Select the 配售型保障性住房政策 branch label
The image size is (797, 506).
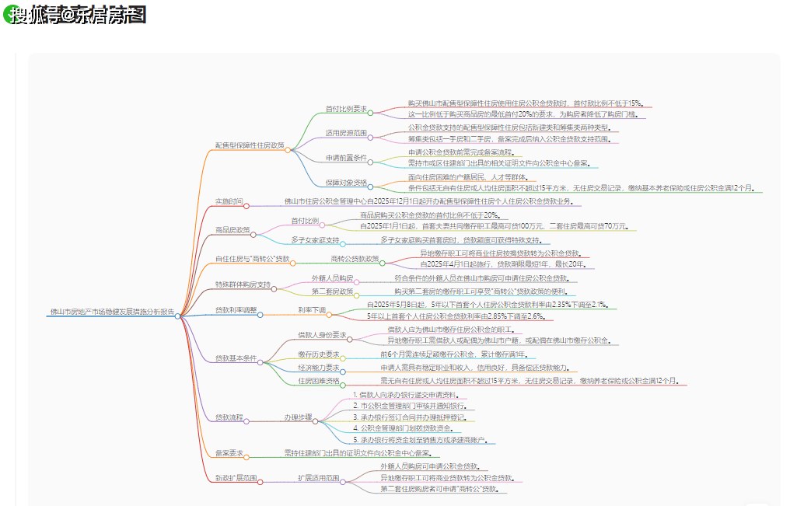click(x=250, y=145)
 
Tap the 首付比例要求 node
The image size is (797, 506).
click(x=345, y=109)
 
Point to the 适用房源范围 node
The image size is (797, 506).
click(x=345, y=133)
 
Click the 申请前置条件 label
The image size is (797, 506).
click(x=346, y=158)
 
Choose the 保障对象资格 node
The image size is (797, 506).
click(x=346, y=182)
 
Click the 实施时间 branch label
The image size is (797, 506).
click(x=229, y=201)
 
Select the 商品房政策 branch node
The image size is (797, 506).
click(x=232, y=230)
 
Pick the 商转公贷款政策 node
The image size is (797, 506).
click(x=355, y=258)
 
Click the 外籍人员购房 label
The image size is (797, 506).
click(x=332, y=277)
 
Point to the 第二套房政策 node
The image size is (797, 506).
click(x=332, y=291)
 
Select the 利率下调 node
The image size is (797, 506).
click(x=311, y=310)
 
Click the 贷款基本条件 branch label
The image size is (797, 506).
click(x=236, y=358)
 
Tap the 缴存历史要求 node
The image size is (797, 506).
click(x=319, y=354)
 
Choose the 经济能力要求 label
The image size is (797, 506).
click(x=319, y=367)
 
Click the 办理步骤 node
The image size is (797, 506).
click(x=298, y=417)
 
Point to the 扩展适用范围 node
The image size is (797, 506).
click(x=318, y=478)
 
